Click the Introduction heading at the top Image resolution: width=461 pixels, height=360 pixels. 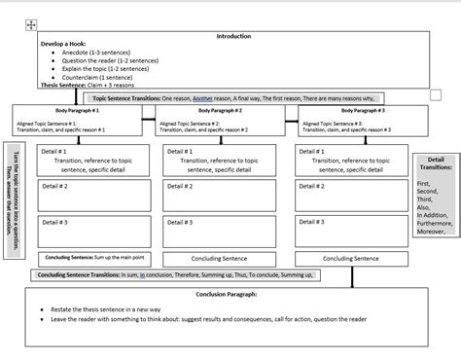pos(233,36)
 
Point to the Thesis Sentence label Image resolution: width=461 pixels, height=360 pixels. pos(61,84)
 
